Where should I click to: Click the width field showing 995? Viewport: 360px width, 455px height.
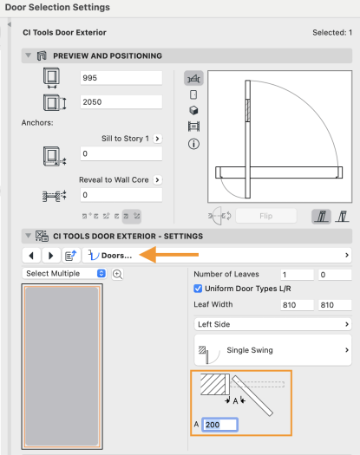pos(121,78)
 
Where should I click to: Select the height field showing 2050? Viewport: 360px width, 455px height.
pos(121,102)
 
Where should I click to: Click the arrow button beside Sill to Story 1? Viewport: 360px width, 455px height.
pos(157,139)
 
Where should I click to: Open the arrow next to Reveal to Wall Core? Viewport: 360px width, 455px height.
pos(157,180)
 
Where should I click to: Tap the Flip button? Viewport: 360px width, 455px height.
pos(265,216)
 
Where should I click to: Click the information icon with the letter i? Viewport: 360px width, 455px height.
pos(193,144)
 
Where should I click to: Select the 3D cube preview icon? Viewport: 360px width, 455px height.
pos(193,110)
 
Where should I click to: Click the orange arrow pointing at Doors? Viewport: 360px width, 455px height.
pos(169,255)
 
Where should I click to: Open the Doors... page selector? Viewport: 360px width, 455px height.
pos(217,256)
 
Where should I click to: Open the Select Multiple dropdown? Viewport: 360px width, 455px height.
pos(64,273)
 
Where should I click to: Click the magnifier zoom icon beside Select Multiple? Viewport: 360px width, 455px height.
pos(117,274)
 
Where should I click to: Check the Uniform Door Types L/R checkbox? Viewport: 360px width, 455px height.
pos(198,289)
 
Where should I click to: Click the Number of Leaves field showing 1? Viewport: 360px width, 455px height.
pos(297,275)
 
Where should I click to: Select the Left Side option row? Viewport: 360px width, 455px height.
pos(272,324)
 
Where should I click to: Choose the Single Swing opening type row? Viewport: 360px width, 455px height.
pos(272,350)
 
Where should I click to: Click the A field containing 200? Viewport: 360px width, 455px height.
pos(220,425)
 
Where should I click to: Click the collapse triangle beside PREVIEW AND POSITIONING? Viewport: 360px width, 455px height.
pos(28,55)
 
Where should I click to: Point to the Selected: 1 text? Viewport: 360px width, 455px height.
pos(332,33)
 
